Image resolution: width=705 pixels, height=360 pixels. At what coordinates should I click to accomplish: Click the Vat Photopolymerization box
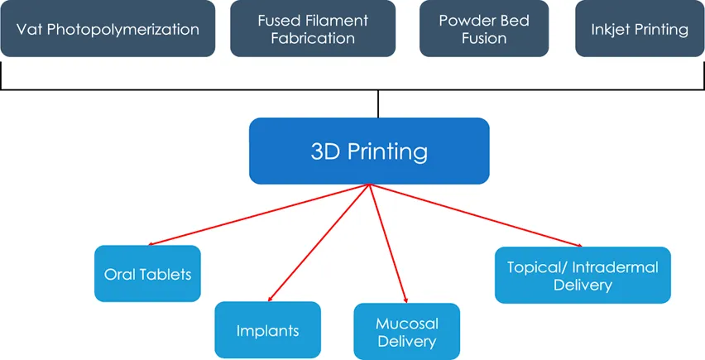coord(108,30)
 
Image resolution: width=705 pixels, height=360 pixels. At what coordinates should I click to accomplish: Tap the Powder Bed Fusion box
coord(484,30)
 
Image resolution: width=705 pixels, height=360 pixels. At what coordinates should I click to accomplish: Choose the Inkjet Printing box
coord(640,30)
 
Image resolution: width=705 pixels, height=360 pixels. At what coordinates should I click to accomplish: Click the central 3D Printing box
coord(369,151)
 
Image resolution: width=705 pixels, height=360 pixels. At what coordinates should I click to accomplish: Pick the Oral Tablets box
coord(148,274)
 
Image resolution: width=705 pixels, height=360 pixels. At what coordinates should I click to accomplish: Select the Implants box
coord(267,331)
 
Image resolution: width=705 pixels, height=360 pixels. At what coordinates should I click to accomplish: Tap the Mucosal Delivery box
coord(406,331)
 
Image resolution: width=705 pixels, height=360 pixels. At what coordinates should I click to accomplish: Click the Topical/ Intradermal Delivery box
coord(583,276)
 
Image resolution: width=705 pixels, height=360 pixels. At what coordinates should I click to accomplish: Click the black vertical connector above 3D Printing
coord(378,103)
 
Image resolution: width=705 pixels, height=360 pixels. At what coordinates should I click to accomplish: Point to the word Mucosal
coord(406,324)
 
